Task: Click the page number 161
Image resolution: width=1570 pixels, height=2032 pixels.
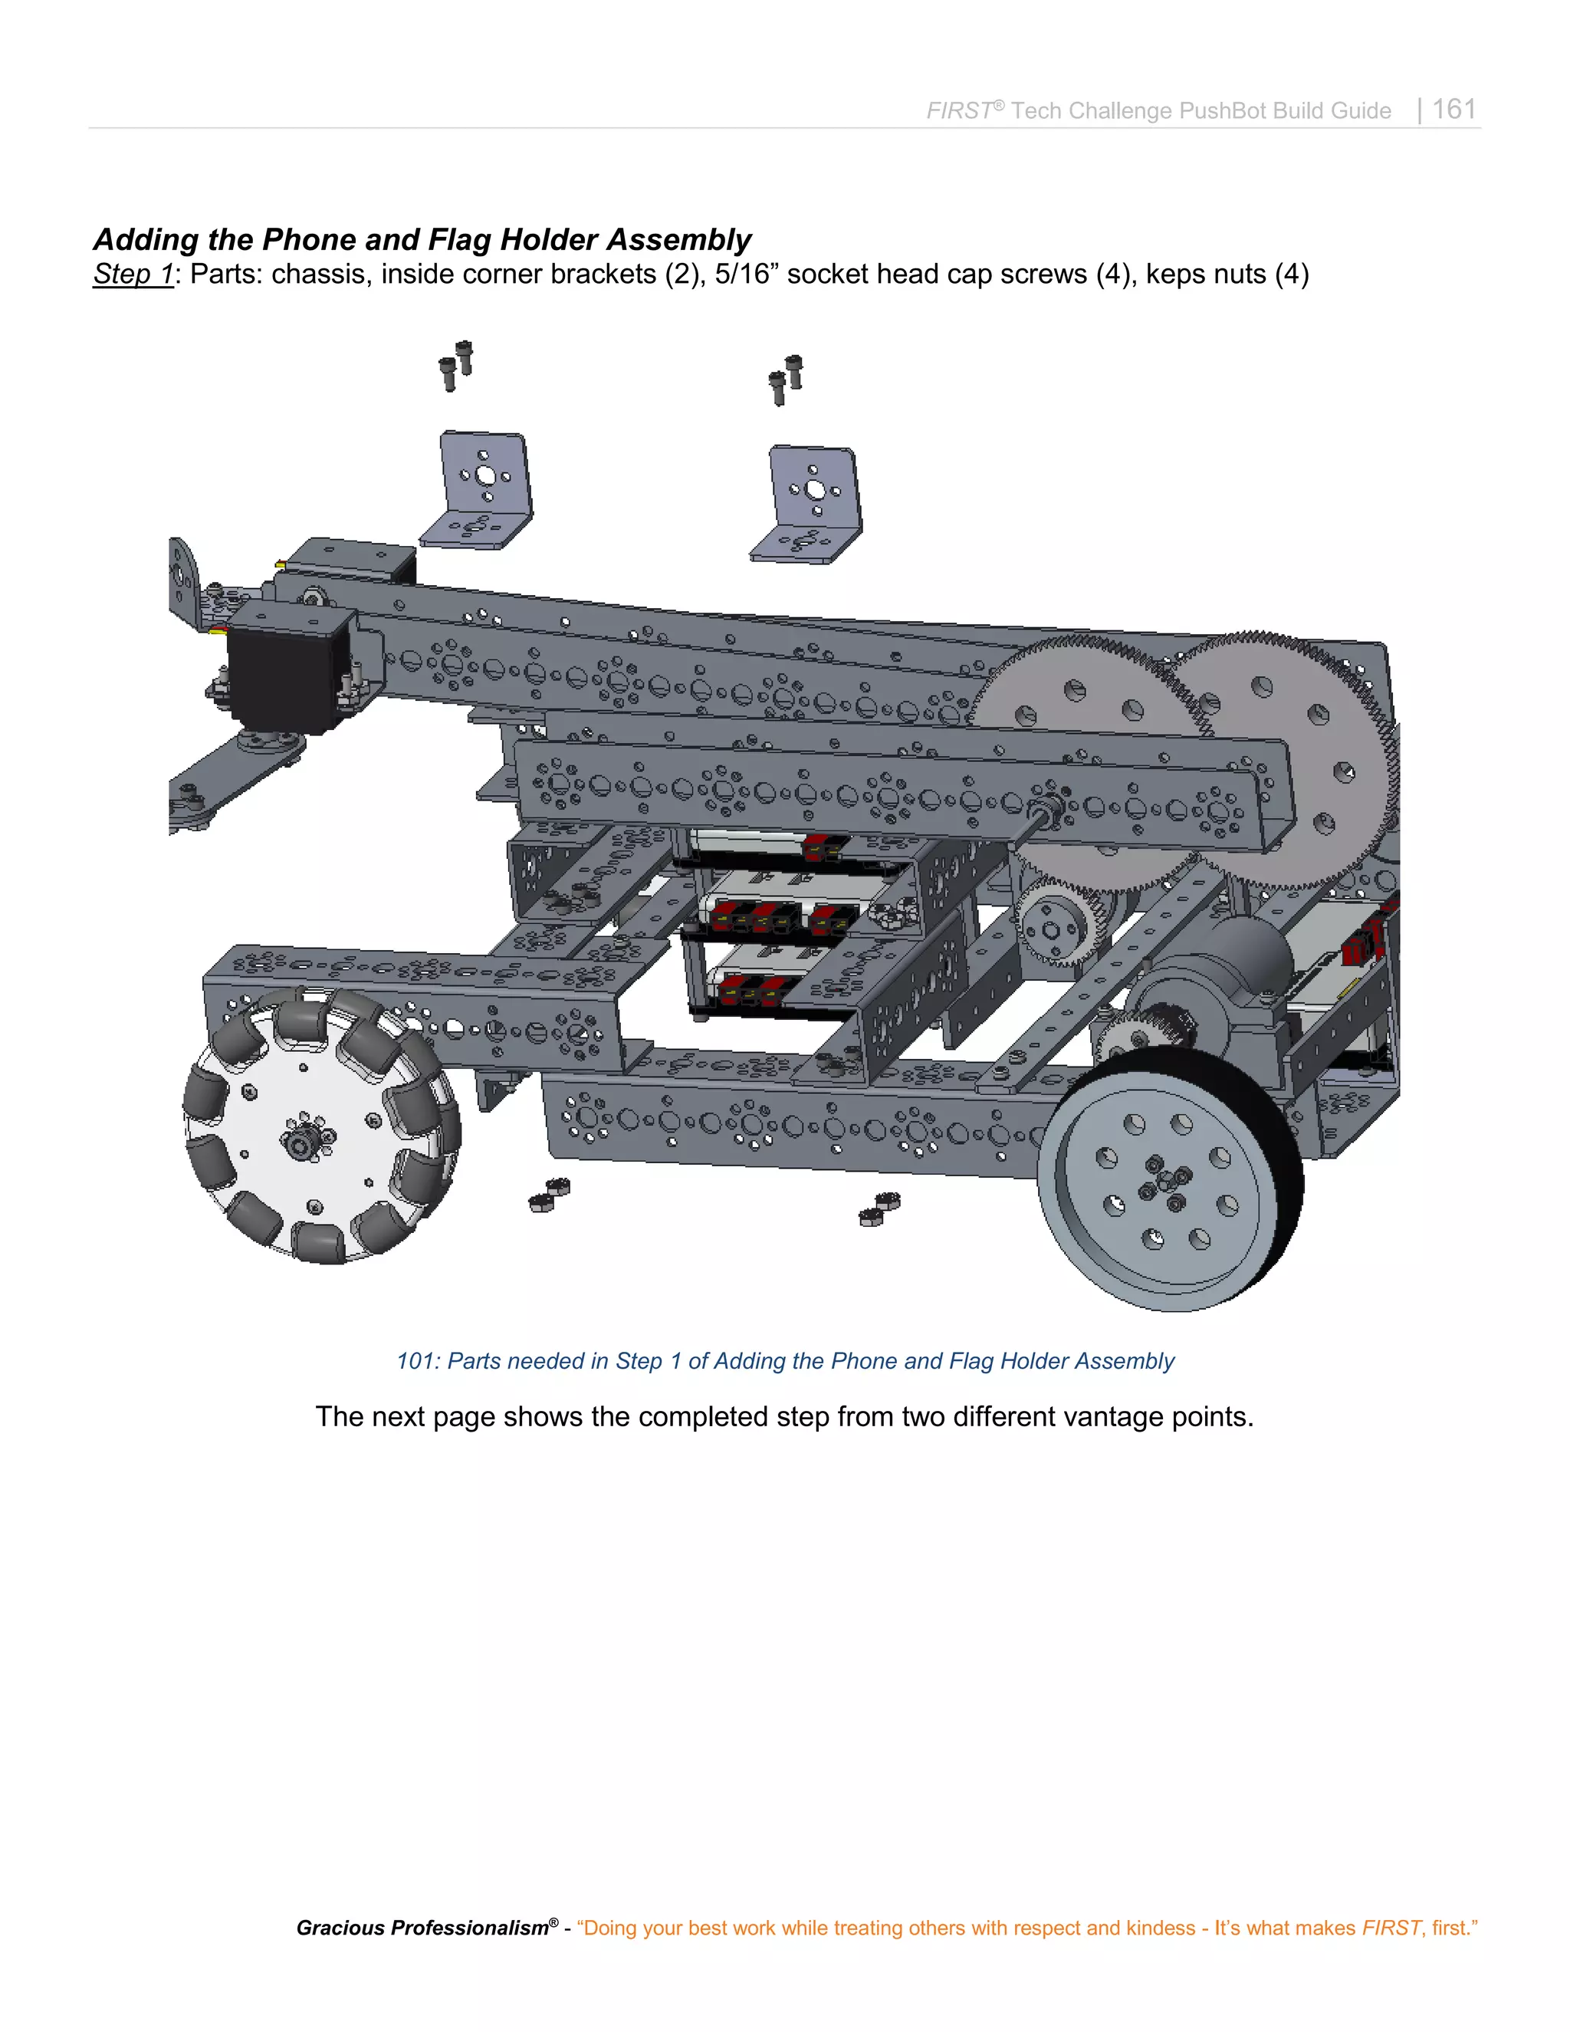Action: pos(1453,110)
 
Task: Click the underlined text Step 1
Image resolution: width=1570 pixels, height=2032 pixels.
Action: pos(133,275)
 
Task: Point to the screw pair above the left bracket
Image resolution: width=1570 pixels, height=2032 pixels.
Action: pos(456,365)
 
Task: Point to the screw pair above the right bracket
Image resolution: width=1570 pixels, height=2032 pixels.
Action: pos(786,380)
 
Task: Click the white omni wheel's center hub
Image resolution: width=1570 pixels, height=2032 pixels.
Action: pos(301,1138)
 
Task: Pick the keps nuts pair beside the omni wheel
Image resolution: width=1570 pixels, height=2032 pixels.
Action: pos(549,1194)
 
